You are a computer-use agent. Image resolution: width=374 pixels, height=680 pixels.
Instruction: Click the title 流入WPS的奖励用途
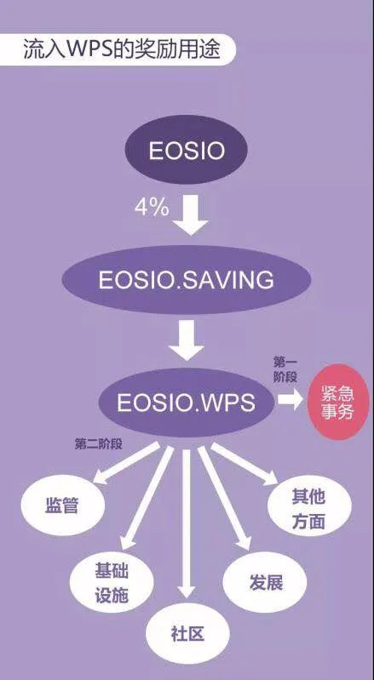(x=122, y=50)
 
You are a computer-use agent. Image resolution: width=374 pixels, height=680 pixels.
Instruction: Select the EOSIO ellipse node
(x=186, y=151)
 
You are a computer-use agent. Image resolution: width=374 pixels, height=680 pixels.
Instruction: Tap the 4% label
(x=152, y=209)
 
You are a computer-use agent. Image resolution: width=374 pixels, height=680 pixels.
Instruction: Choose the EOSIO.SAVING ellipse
(x=187, y=280)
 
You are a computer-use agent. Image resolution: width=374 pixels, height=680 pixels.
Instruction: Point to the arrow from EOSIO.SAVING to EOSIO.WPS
(x=186, y=340)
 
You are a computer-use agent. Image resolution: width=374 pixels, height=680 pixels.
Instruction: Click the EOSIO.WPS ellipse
(x=186, y=403)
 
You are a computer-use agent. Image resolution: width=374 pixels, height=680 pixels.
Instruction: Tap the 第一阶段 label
(x=285, y=369)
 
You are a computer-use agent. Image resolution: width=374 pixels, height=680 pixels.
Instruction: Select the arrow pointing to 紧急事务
(x=290, y=399)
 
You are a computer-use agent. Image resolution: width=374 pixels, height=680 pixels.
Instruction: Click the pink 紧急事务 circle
(x=337, y=402)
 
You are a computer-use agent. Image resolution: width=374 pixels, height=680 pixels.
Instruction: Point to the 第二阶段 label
(x=99, y=444)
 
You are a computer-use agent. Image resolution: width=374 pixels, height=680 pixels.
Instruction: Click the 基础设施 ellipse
(x=112, y=583)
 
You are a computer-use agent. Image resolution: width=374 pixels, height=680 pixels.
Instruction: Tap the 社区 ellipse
(x=187, y=635)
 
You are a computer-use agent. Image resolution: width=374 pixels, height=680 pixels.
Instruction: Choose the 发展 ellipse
(x=265, y=582)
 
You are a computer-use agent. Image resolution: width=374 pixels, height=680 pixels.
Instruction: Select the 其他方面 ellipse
(x=309, y=509)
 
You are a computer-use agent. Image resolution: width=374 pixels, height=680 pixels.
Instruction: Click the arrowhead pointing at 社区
(x=187, y=591)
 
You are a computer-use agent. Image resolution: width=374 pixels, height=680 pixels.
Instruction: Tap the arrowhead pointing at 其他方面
(x=270, y=477)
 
